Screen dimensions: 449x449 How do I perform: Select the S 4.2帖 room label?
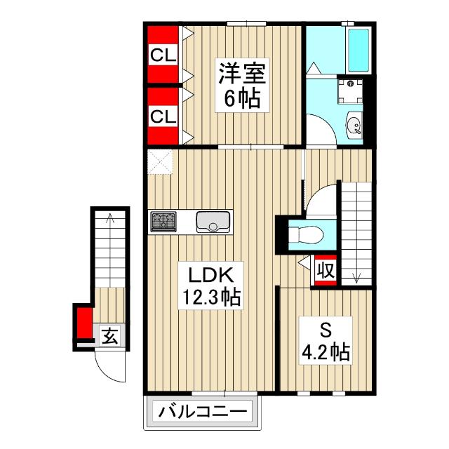(324, 340)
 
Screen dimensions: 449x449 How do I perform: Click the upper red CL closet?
(163, 55)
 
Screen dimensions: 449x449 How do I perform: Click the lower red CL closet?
(163, 116)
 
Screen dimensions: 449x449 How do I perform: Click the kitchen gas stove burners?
(165, 222)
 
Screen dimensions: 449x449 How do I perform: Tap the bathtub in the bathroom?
(358, 51)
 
